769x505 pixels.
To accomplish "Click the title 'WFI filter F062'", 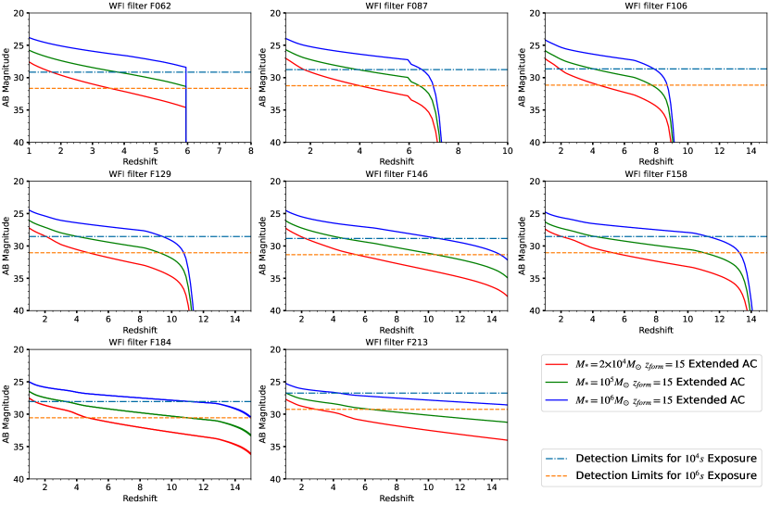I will click(x=140, y=6).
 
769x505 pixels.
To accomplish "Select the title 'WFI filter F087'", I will click(x=396, y=6).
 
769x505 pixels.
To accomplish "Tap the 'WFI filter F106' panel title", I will click(x=653, y=6).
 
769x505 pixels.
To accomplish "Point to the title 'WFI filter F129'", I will click(x=140, y=174).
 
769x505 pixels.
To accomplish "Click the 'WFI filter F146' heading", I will click(x=396, y=174).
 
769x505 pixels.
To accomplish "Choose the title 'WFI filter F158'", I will click(x=653, y=174).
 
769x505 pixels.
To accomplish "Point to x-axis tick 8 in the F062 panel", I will click(x=251, y=151).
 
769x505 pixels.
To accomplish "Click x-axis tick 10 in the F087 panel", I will click(x=508, y=151).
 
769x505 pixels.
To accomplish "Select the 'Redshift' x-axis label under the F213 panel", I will click(x=396, y=499).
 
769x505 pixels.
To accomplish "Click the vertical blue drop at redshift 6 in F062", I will click(x=186, y=107).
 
